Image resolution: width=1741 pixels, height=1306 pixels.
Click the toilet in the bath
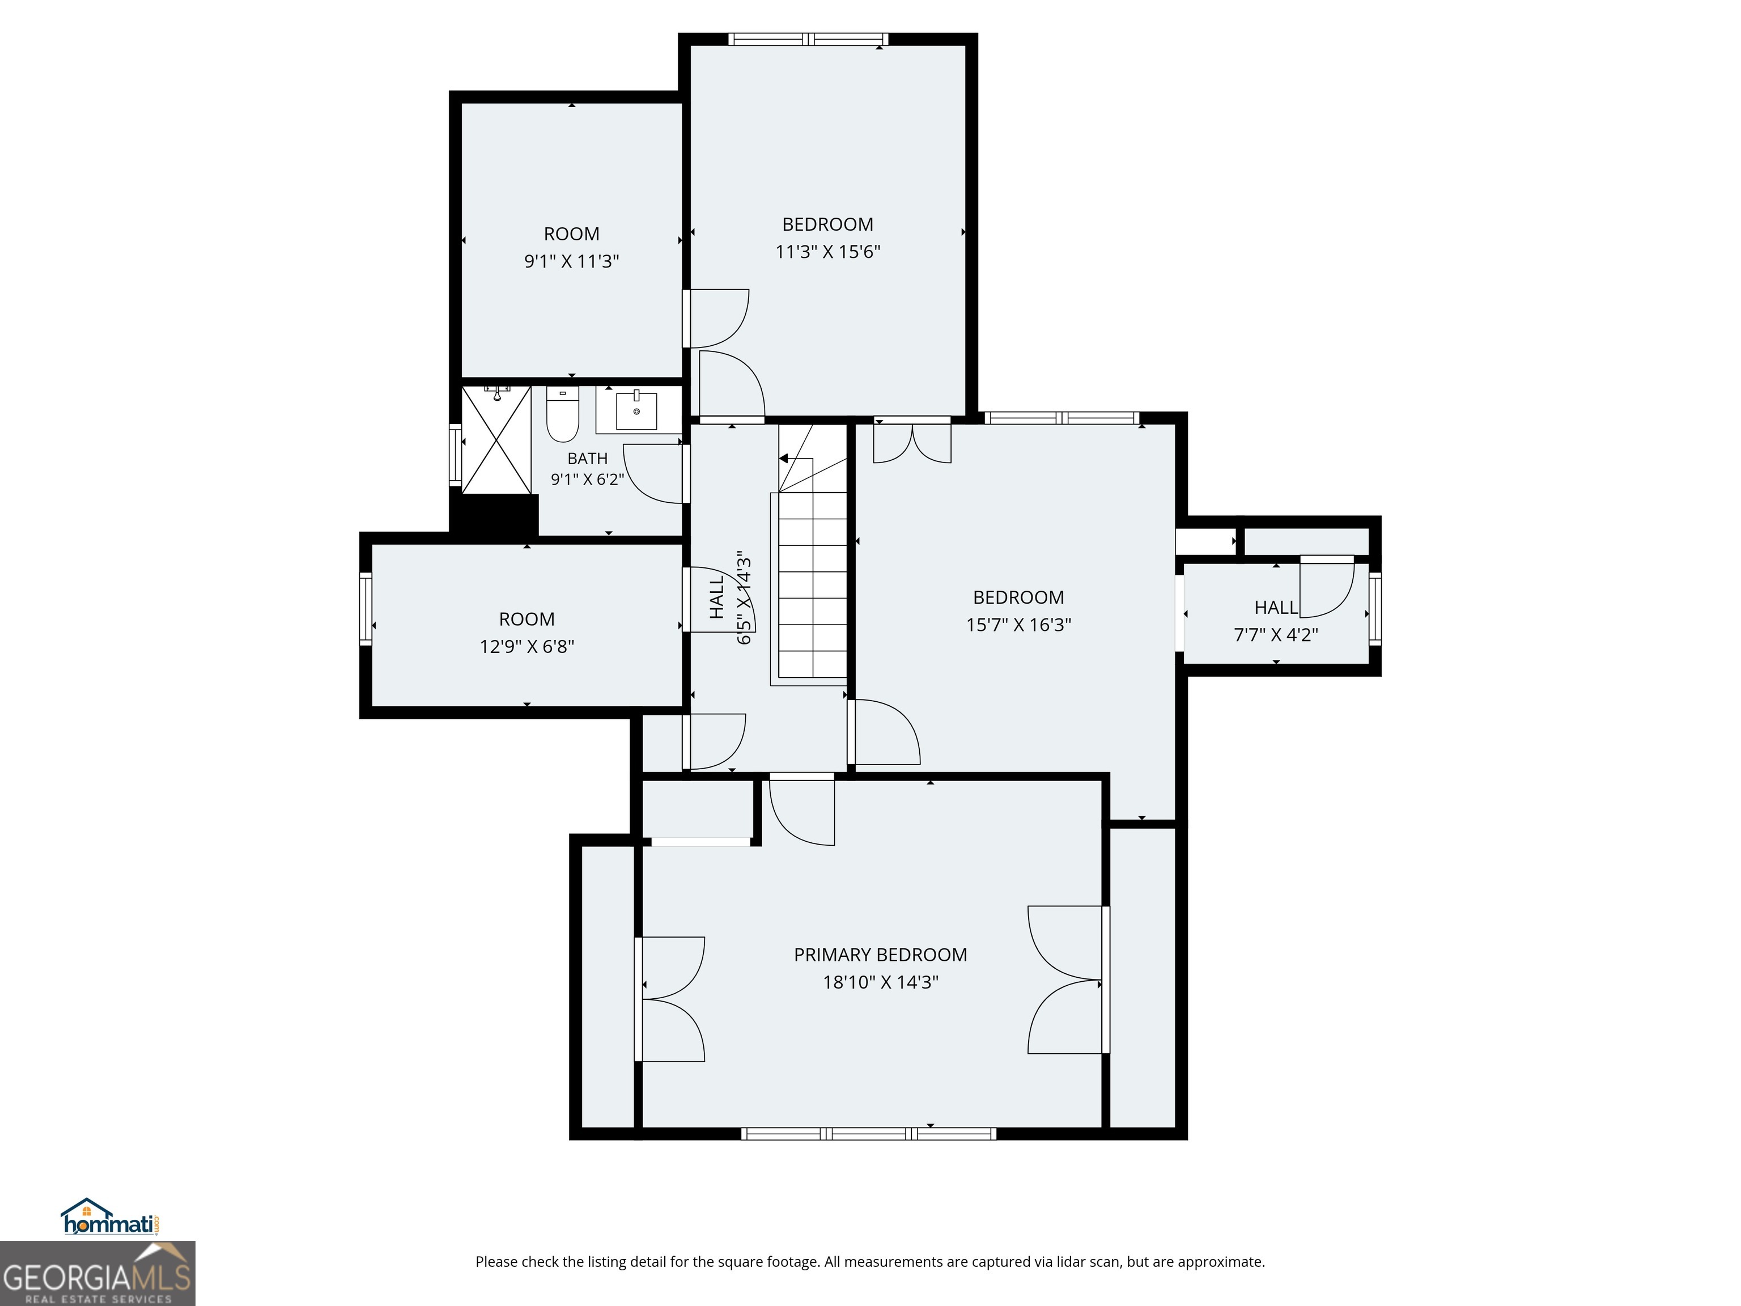(x=562, y=414)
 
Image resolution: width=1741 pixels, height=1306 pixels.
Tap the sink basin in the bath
(x=636, y=410)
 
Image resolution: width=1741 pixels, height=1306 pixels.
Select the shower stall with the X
(x=496, y=439)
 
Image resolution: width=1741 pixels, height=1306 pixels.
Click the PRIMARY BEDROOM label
(x=880, y=955)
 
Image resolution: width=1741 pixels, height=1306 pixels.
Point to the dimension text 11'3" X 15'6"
(x=827, y=252)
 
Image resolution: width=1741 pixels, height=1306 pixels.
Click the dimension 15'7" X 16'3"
(x=1018, y=624)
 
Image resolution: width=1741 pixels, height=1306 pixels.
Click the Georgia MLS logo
(x=97, y=1273)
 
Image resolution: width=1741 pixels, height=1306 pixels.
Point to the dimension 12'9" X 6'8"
(x=526, y=646)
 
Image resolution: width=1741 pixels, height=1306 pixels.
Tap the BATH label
(x=587, y=458)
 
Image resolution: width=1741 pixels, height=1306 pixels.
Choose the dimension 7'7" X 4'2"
(x=1276, y=634)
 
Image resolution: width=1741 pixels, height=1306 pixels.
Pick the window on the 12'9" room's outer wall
(x=365, y=609)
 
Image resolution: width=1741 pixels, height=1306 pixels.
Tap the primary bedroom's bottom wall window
(x=869, y=1134)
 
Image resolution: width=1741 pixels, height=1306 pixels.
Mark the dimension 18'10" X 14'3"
(x=881, y=982)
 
